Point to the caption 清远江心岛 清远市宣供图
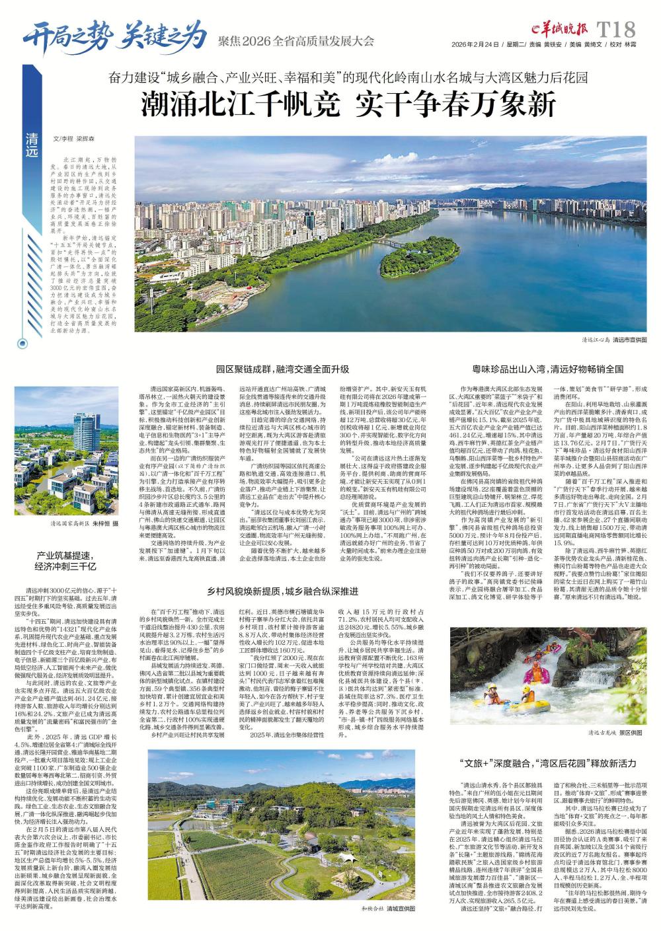[x=615, y=338]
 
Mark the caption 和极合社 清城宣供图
[x=388, y=910]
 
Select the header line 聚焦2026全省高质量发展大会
[x=295, y=43]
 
